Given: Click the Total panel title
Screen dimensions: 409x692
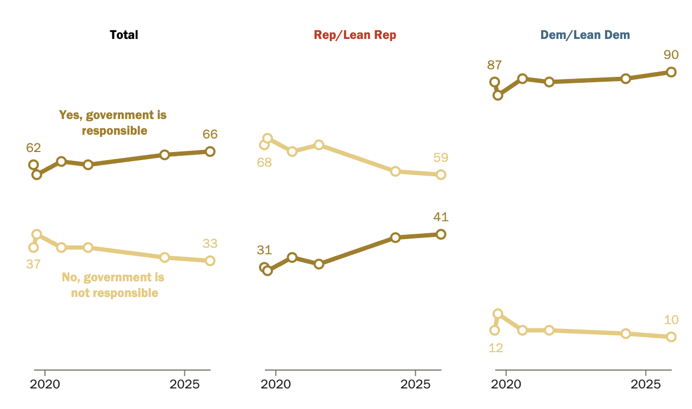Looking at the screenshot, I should pyautogui.click(x=124, y=35).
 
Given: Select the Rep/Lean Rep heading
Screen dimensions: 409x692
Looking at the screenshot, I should pyautogui.click(x=355, y=35).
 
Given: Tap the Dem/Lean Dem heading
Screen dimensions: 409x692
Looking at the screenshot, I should pyautogui.click(x=585, y=35).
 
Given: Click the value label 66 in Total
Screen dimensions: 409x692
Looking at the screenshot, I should pyautogui.click(x=210, y=135).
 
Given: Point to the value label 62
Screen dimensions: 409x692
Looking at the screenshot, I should pyautogui.click(x=34, y=148).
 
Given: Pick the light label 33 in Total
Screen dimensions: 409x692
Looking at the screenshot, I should pyautogui.click(x=210, y=243).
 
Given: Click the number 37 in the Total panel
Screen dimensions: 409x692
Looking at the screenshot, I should pyautogui.click(x=34, y=264).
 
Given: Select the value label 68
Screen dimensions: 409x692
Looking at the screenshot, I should pyautogui.click(x=264, y=162).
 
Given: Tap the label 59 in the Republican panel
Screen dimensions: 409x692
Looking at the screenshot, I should pyautogui.click(x=441, y=158).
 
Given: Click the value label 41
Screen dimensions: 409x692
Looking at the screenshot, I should pyautogui.click(x=441, y=217).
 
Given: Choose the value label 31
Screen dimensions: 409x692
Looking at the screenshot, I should pyautogui.click(x=264, y=250).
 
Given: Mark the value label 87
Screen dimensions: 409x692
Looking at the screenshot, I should pyautogui.click(x=495, y=65).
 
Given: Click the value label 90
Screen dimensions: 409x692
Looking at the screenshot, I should pyautogui.click(x=671, y=55).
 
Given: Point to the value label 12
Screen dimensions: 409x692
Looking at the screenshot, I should pyautogui.click(x=496, y=348).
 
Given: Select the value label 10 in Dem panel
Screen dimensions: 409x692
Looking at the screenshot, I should pyautogui.click(x=671, y=320).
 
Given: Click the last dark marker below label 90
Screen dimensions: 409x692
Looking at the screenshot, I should pyautogui.click(x=671, y=72).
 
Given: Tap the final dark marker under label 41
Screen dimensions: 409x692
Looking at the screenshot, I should pyautogui.click(x=441, y=234).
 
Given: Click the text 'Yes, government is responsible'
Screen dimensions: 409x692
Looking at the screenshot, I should pyautogui.click(x=112, y=123).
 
